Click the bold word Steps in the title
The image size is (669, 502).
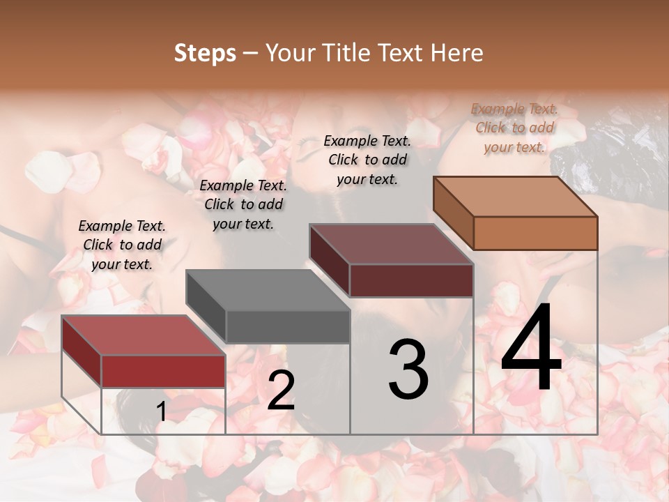pyautogui.click(x=205, y=53)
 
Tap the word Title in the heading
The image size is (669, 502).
pyautogui.click(x=346, y=53)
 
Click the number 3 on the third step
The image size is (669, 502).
pyautogui.click(x=408, y=370)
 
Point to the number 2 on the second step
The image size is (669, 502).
pyautogui.click(x=281, y=390)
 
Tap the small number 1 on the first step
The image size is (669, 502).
pyautogui.click(x=162, y=412)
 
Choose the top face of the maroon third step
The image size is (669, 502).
pyautogui.click(x=391, y=244)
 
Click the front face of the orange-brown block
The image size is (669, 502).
pyautogui.click(x=535, y=233)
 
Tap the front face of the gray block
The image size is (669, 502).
pyautogui.click(x=288, y=327)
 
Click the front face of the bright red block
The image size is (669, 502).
pyautogui.click(x=163, y=371)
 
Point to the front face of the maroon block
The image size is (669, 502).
pyautogui.click(x=411, y=280)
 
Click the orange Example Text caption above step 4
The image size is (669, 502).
pyautogui.click(x=514, y=128)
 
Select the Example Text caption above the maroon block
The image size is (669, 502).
pyautogui.click(x=367, y=160)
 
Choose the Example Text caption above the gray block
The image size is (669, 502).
pyautogui.click(x=243, y=204)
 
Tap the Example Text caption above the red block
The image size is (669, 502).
pyautogui.click(x=122, y=245)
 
